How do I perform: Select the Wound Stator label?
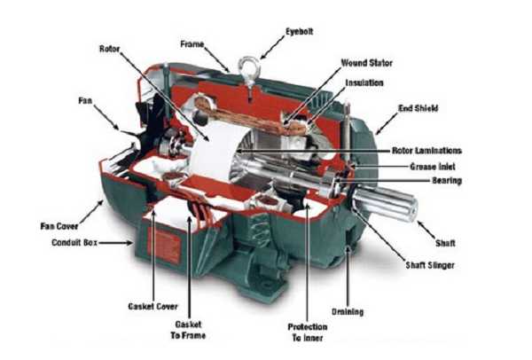pos(366,64)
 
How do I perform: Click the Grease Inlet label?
pos(434,166)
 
